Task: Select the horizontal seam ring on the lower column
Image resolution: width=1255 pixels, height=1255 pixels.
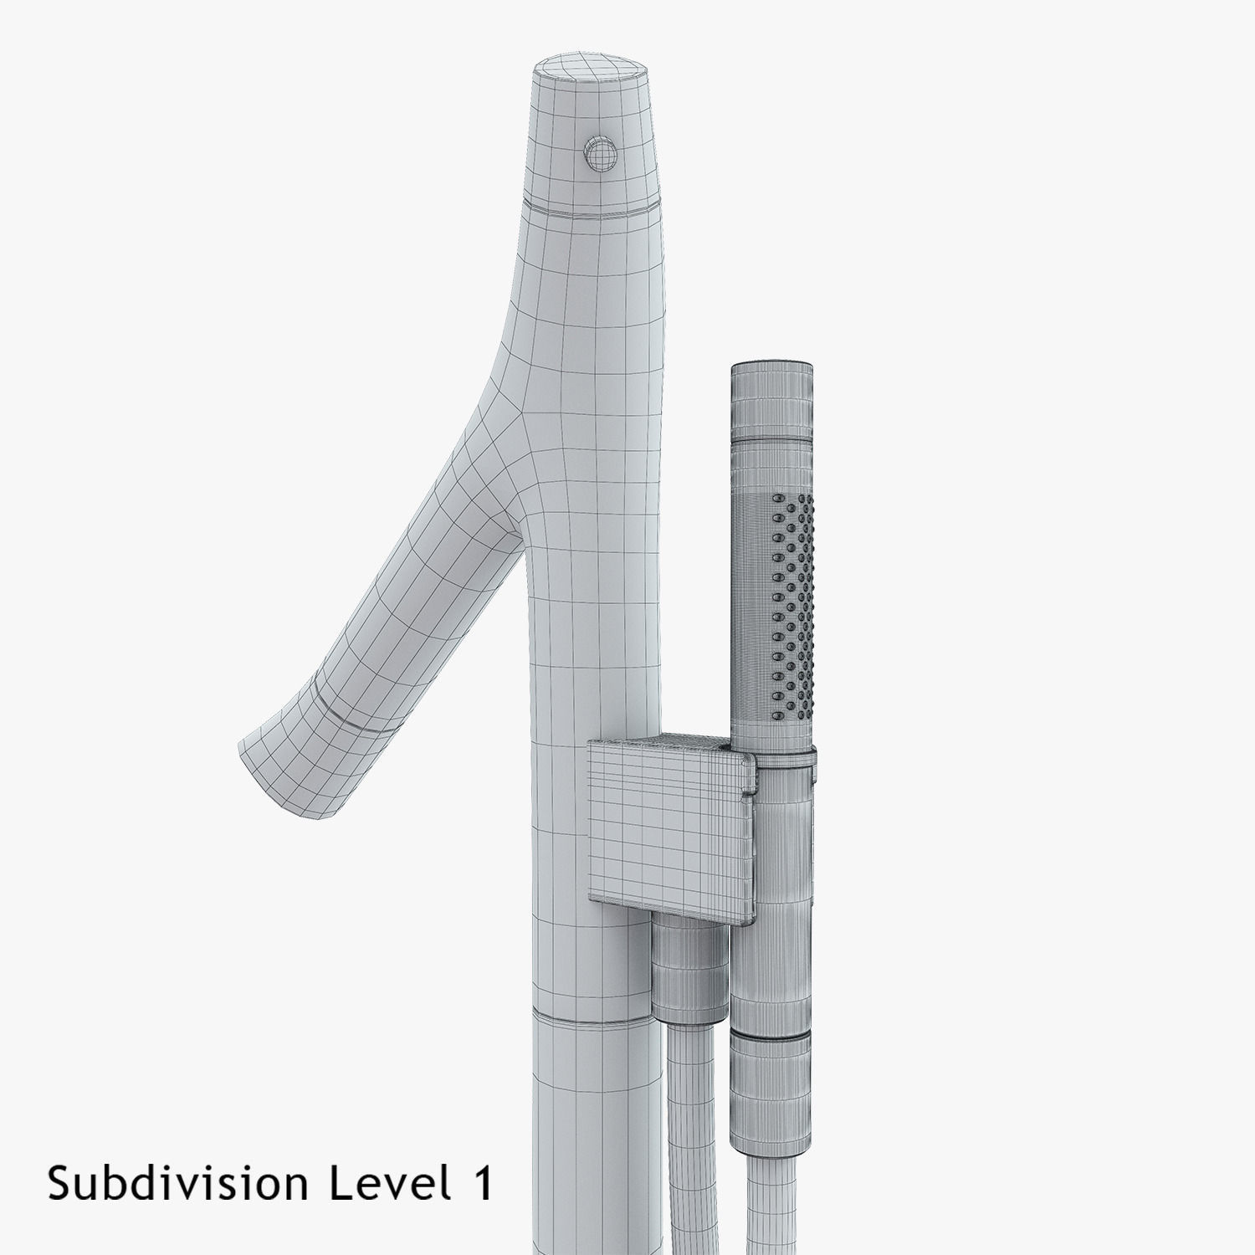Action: pyautogui.click(x=590, y=1017)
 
